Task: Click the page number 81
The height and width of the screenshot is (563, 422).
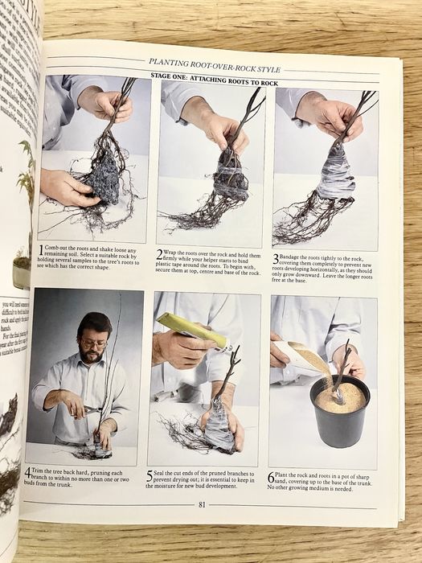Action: pos(201,504)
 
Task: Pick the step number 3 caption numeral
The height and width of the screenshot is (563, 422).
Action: pos(276,258)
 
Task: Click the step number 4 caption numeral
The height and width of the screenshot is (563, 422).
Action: pos(28,472)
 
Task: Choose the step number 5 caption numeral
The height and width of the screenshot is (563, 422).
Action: pos(150,475)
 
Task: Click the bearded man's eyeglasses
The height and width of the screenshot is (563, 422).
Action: pos(93,344)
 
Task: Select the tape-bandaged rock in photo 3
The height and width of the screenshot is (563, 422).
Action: pos(335,174)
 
